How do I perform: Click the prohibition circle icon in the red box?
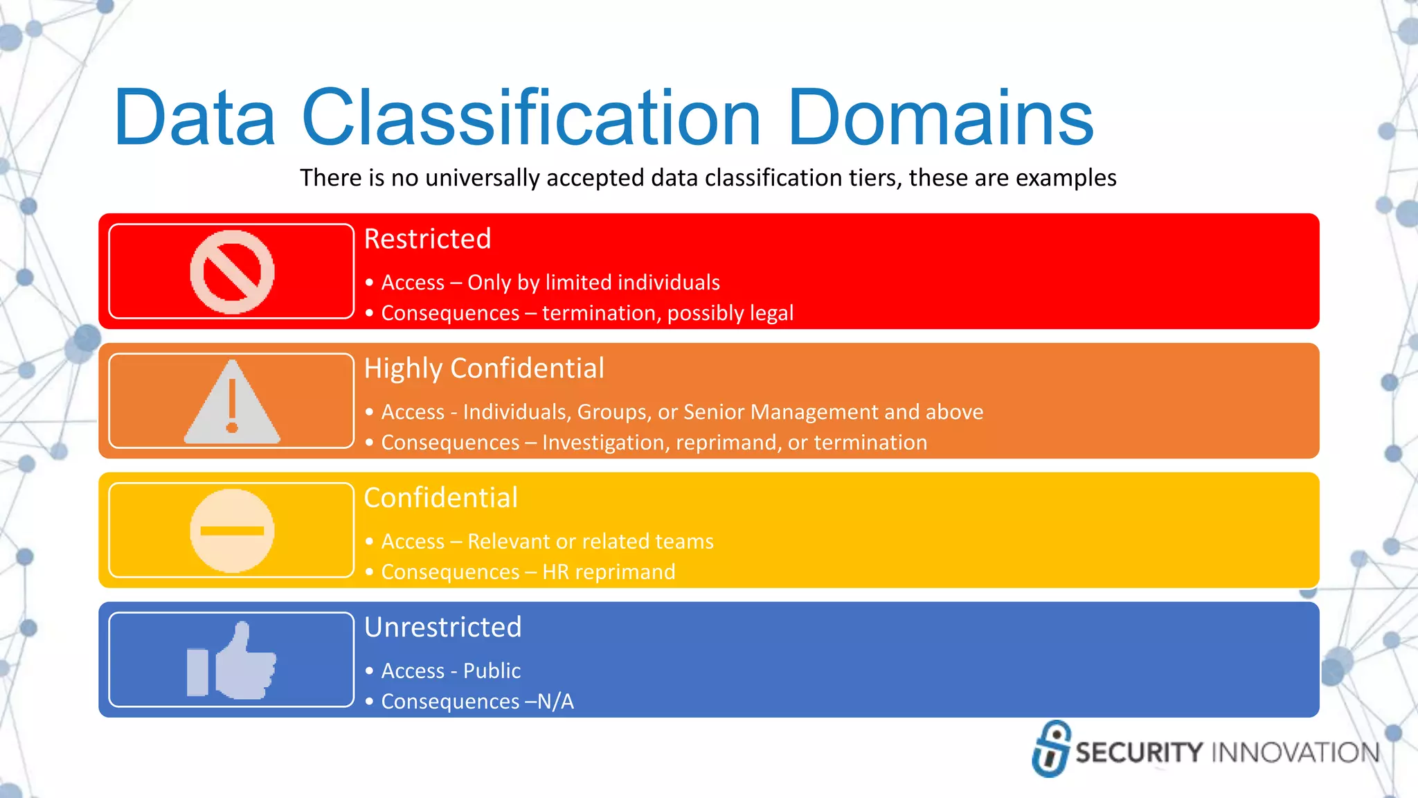232,272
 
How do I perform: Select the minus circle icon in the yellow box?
232,531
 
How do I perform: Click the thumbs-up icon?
232,662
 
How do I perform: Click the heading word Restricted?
427,239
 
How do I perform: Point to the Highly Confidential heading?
483,369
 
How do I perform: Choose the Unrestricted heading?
442,628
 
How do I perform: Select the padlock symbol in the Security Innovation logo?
1051,749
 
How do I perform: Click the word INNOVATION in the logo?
1295,753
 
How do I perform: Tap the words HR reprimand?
609,572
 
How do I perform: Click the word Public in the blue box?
492,671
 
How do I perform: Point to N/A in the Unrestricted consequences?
555,702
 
